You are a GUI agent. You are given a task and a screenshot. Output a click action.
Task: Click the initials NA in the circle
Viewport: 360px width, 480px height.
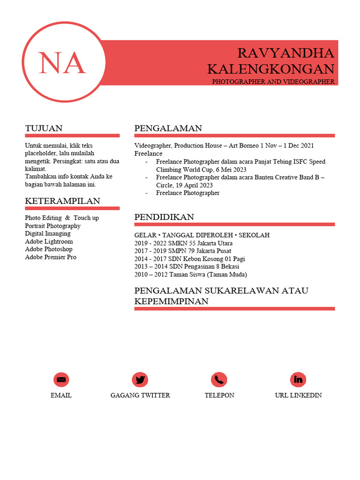(x=62, y=63)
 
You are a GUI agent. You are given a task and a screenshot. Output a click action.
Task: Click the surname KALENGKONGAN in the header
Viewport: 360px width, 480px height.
(x=270, y=69)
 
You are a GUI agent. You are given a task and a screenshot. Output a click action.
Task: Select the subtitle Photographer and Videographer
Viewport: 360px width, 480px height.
(x=273, y=82)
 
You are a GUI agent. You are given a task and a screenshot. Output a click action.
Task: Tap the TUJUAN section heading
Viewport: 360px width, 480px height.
(x=44, y=128)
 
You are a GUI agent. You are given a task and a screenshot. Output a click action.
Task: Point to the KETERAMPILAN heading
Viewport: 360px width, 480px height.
(x=62, y=201)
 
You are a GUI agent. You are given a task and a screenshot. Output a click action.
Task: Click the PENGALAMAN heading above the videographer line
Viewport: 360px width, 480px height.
(x=168, y=128)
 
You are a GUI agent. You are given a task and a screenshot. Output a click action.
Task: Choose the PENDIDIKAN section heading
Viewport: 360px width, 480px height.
(x=164, y=217)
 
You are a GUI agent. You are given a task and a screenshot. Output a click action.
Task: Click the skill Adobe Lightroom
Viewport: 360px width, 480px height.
(x=49, y=241)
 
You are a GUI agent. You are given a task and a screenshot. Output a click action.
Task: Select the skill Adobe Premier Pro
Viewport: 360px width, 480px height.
(x=51, y=257)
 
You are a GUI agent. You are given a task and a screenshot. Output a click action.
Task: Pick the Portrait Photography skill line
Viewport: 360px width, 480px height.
(x=52, y=226)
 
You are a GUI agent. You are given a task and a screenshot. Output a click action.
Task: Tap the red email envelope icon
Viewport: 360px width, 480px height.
(x=61, y=379)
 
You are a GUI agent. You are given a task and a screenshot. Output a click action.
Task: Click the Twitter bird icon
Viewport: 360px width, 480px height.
(x=140, y=379)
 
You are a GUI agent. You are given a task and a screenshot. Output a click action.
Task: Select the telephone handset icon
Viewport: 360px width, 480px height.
(x=219, y=379)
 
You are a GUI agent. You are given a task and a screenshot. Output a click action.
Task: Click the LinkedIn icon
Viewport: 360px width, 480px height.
(x=298, y=379)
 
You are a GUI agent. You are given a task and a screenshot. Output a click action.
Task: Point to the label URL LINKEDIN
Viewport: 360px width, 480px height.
(x=298, y=395)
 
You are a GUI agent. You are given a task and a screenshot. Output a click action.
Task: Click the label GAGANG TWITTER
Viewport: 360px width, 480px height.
(x=140, y=395)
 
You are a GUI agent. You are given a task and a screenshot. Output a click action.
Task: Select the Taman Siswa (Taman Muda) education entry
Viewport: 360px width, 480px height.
(x=190, y=274)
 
